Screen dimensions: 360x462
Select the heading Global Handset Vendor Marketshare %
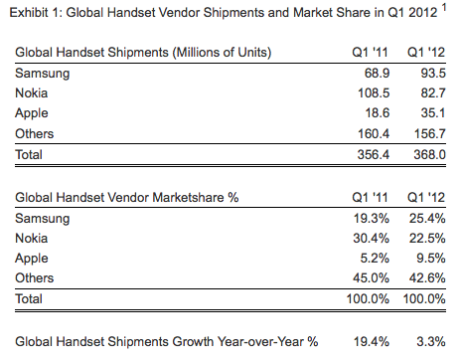(127, 197)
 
